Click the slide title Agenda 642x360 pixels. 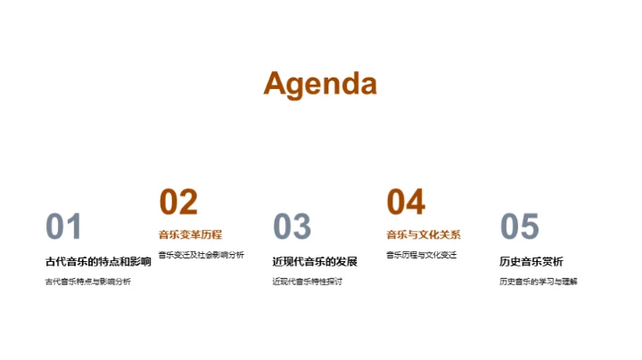pos(320,83)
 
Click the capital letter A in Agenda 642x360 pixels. pos(276,83)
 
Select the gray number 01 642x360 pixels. pos(63,227)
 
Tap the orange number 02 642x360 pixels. pos(178,202)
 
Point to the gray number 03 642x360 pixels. pos(292,227)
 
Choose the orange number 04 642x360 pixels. pos(406,202)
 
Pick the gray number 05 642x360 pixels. pos(519,227)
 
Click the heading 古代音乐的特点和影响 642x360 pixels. pos(98,261)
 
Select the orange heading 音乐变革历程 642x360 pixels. pos(190,235)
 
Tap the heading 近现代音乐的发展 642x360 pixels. pos(315,261)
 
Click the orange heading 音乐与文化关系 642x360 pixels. pos(424,235)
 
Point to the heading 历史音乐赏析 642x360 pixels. pos(531,261)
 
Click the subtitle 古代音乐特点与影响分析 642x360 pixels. pos(87,282)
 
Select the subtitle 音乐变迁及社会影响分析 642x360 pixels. pos(201,255)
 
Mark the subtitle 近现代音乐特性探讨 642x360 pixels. pos(308,282)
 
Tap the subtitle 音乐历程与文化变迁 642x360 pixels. pos(421,255)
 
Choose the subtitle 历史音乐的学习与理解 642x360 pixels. pos(539,282)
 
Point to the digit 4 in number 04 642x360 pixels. pos(416,202)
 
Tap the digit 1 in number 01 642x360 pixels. pos(74,227)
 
